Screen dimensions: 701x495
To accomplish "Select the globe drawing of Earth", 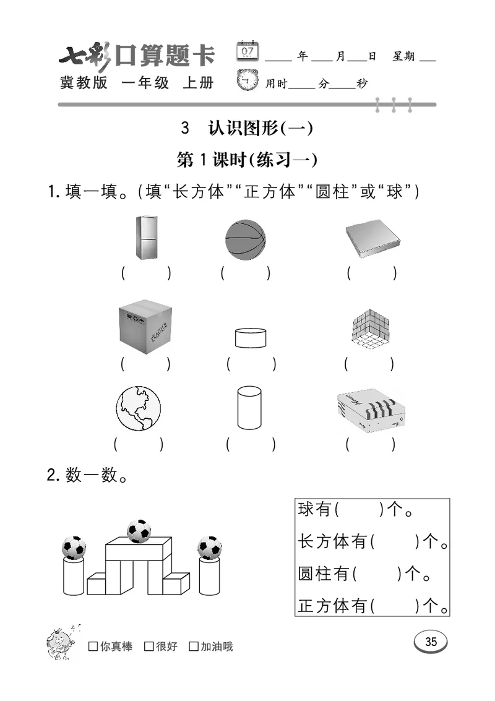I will (x=138, y=409).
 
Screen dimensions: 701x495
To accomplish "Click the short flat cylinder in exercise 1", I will (x=251, y=338).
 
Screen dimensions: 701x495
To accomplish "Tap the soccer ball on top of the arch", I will (x=139, y=531).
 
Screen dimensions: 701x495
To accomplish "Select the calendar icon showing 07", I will (x=247, y=51).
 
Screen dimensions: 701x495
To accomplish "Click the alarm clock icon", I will (x=247, y=81).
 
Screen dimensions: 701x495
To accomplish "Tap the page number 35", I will (x=431, y=642).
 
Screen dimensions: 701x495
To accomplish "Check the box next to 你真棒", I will (x=93, y=647).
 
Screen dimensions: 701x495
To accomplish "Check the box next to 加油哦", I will (x=194, y=647).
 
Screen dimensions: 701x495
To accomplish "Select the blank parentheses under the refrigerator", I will (x=146, y=273).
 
